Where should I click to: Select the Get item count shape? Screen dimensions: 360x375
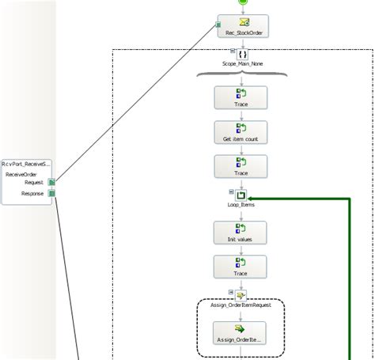(241, 131)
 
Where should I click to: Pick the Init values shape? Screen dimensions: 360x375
(241, 233)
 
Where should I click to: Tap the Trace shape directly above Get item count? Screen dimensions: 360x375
(241, 97)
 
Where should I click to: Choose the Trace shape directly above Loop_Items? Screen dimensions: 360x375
(241, 165)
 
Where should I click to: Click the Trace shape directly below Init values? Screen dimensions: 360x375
(241, 267)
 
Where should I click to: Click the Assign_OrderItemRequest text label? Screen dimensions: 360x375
(241, 303)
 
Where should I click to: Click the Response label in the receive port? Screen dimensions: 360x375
(32, 191)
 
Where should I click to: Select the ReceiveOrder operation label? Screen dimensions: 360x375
(22, 174)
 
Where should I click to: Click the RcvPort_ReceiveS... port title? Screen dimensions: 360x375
(27, 163)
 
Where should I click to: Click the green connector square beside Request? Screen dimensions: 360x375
(52, 182)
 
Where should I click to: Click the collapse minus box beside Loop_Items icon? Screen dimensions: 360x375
(231, 191)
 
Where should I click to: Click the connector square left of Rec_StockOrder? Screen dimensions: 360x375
(219, 25)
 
